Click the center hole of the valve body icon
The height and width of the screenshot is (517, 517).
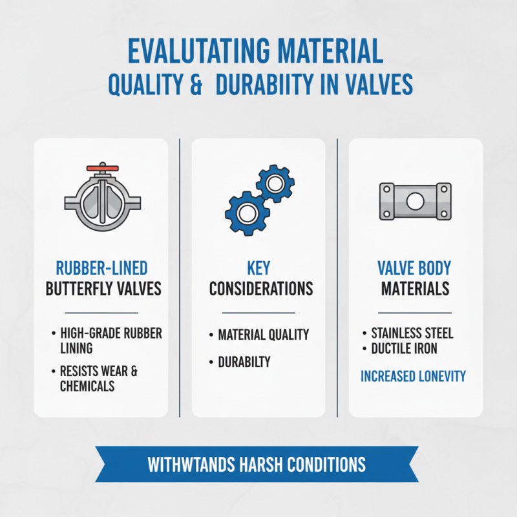click(x=415, y=201)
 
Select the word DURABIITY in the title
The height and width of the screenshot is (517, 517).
click(x=268, y=86)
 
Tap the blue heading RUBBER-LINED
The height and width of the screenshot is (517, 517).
click(x=102, y=267)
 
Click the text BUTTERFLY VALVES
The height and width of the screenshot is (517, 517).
click(x=103, y=288)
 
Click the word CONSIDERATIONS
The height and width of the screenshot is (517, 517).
click(x=260, y=288)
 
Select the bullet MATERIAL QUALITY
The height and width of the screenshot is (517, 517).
click(x=263, y=335)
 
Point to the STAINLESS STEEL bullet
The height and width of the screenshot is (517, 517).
click(x=412, y=333)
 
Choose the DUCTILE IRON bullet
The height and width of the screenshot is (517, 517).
click(x=404, y=349)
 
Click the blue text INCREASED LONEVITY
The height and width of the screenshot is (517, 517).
click(x=413, y=376)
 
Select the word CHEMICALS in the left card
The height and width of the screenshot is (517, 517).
click(x=87, y=386)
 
